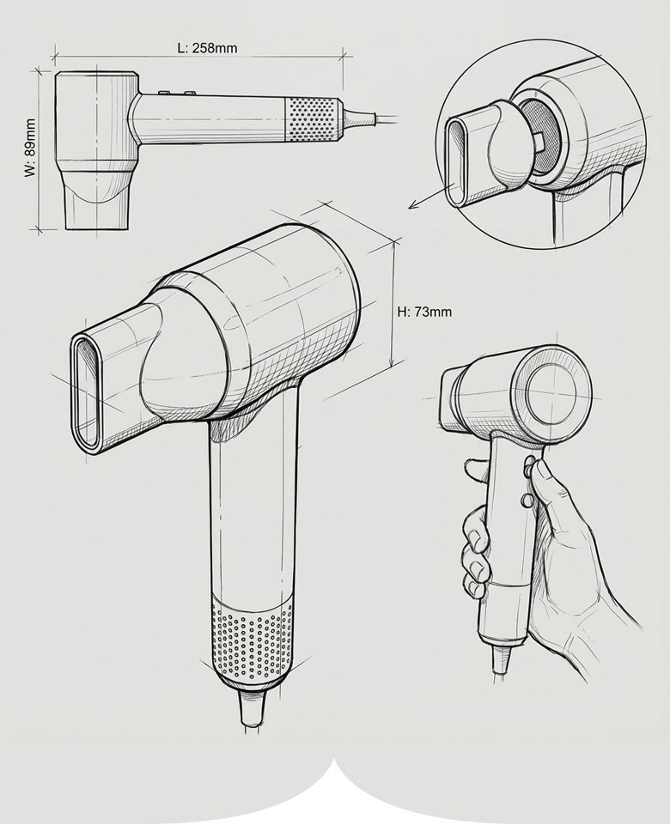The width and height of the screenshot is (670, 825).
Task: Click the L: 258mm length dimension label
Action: [207, 48]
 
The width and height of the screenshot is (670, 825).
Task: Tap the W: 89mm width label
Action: [30, 148]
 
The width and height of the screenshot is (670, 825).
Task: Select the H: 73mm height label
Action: [424, 312]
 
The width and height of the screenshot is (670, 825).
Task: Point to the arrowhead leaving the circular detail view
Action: [414, 205]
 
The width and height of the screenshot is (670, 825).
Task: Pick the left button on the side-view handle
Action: [165, 93]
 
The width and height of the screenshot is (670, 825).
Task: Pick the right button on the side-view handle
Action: [190, 93]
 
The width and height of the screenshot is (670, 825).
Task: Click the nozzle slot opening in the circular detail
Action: [455, 163]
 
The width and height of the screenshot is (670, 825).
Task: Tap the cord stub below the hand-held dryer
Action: [501, 658]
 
